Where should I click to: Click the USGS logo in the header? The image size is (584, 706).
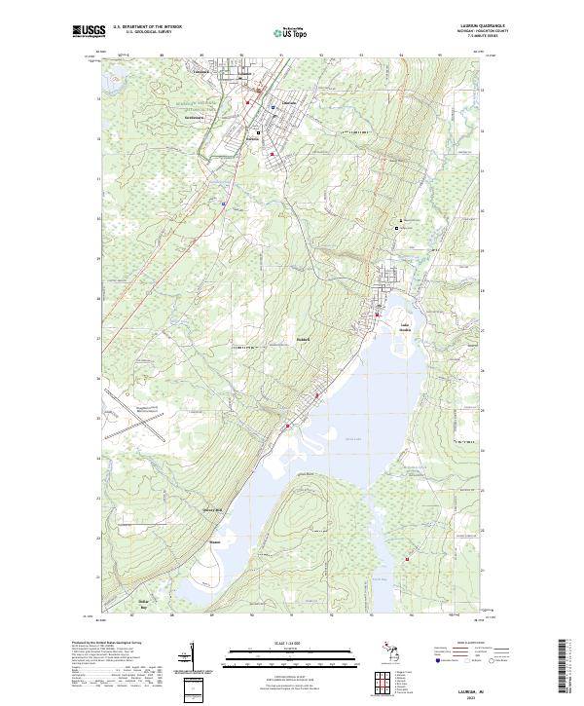(x=89, y=32)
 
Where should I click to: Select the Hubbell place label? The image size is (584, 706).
(x=302, y=340)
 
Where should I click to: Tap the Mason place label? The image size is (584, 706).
(x=215, y=542)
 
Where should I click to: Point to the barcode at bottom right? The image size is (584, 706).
(x=566, y=666)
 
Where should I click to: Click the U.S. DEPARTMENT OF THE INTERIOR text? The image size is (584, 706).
(x=147, y=27)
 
